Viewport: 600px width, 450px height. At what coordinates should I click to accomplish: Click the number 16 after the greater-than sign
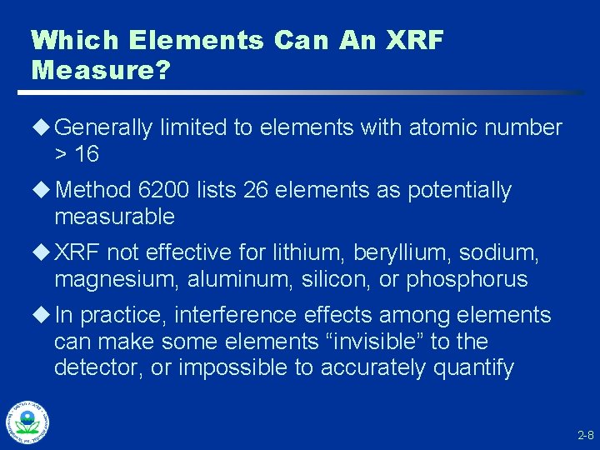click(87, 154)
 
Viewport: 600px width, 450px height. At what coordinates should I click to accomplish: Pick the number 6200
click(165, 191)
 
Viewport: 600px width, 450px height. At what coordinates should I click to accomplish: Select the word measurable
click(114, 217)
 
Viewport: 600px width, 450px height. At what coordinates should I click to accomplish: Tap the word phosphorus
click(467, 279)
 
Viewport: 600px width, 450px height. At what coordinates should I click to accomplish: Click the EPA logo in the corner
click(27, 422)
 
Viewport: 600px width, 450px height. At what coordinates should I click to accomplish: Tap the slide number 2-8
click(584, 435)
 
